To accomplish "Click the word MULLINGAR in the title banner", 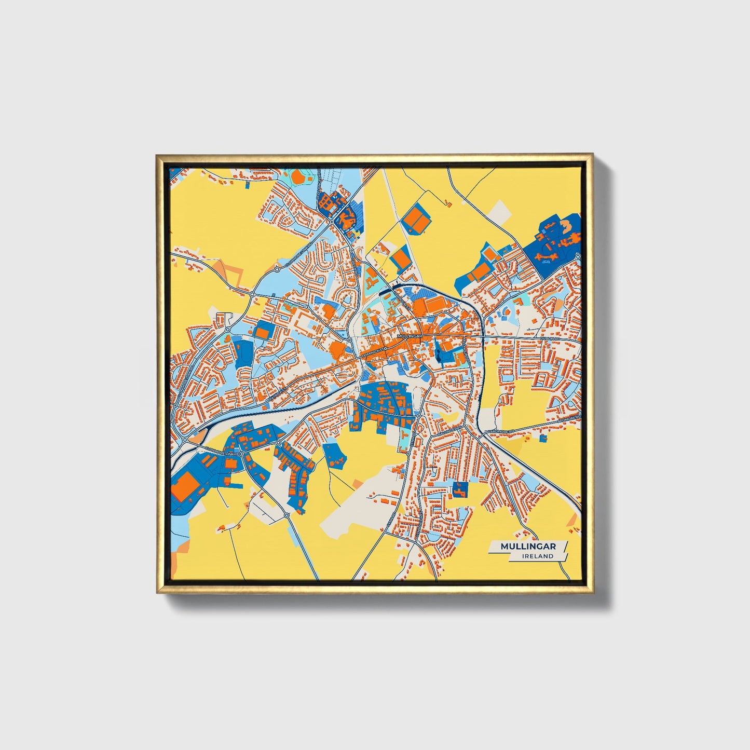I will point(528,547).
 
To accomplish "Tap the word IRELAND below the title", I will point(538,556).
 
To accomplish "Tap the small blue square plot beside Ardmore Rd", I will point(543,439).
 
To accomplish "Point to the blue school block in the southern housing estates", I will point(459,489).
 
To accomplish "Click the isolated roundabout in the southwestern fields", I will point(287,515).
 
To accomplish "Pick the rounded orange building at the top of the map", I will point(299,177).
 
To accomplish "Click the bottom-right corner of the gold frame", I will point(592,592).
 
